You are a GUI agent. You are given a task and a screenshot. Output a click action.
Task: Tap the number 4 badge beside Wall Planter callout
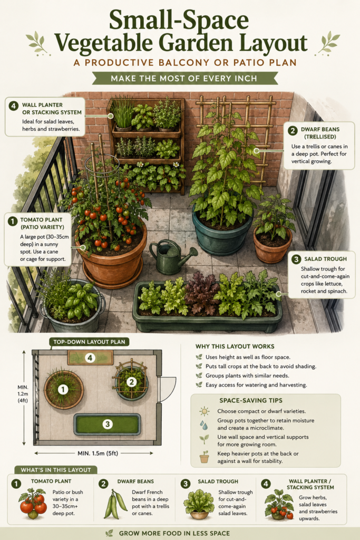pyautogui.click(x=13, y=105)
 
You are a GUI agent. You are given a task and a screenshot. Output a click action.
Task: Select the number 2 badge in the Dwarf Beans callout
pyautogui.click(x=293, y=131)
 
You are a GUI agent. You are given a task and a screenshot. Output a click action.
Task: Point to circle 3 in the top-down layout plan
pyautogui.click(x=108, y=424)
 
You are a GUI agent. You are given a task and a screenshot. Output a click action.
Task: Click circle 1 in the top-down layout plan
pyautogui.click(x=63, y=390)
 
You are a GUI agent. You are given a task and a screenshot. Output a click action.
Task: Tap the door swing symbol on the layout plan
pyautogui.click(x=168, y=387)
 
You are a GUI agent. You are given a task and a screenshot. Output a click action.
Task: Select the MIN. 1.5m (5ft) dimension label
pyautogui.click(x=98, y=453)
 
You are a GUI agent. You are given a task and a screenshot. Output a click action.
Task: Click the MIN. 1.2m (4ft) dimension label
pyautogui.click(x=23, y=393)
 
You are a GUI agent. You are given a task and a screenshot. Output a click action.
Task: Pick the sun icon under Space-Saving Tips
pyautogui.click(x=204, y=411)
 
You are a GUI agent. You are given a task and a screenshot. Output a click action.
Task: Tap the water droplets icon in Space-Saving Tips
pyautogui.click(x=204, y=425)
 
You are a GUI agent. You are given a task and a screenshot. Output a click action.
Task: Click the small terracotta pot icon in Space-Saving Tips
pyautogui.click(x=204, y=457)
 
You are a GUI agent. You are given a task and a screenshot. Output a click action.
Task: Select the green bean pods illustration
pyautogui.click(x=115, y=505)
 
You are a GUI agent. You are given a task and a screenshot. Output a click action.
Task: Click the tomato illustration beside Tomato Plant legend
pyautogui.click(x=33, y=504)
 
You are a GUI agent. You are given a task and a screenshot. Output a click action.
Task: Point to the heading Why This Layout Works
pyautogui.click(x=235, y=346)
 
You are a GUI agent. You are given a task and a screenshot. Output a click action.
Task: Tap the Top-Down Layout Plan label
pyautogui.click(x=89, y=342)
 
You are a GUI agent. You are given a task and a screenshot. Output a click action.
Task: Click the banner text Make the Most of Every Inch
pyautogui.click(x=184, y=79)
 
